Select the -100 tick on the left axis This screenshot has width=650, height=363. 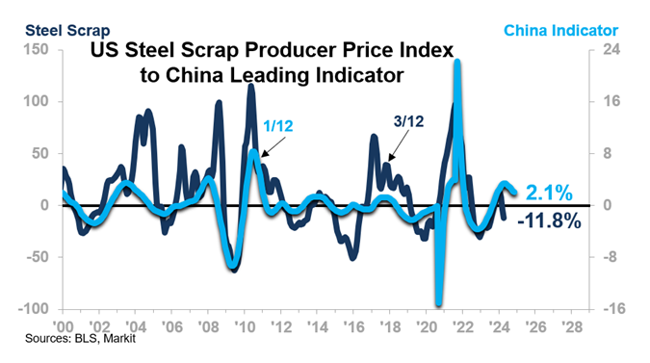pyautogui.click(x=35, y=309)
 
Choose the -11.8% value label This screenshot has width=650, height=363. pyautogui.click(x=549, y=221)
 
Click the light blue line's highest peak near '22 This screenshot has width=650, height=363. pyautogui.click(x=456, y=63)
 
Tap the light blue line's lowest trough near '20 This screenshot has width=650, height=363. pyautogui.click(x=438, y=303)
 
